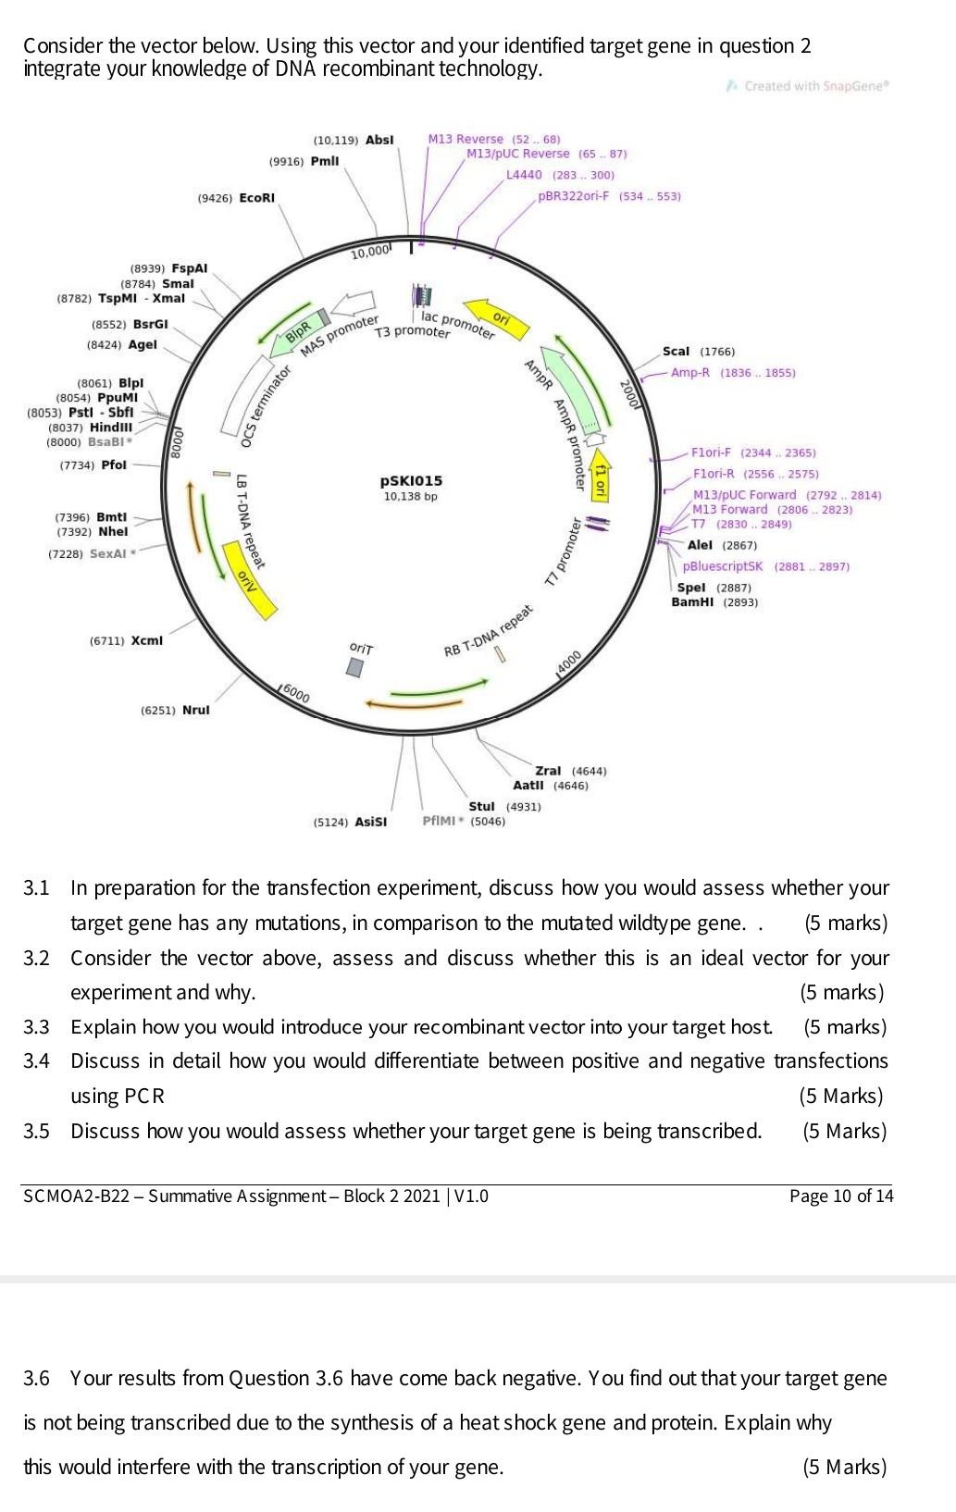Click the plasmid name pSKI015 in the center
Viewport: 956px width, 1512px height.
point(411,481)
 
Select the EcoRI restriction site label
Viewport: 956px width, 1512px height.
point(256,198)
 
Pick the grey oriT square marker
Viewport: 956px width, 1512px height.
point(356,667)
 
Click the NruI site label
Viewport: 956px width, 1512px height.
point(195,711)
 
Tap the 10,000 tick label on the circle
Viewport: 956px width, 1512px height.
point(373,253)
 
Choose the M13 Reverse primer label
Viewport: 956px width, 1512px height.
point(466,139)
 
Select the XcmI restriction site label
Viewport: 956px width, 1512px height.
point(146,640)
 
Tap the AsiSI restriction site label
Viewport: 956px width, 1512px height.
point(370,822)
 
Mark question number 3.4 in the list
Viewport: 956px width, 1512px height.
point(36,1061)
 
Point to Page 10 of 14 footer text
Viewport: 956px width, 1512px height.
point(840,1196)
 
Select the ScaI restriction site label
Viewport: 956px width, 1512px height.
point(676,352)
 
